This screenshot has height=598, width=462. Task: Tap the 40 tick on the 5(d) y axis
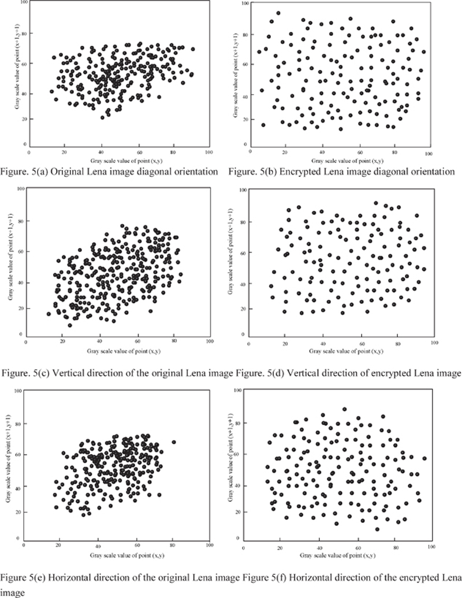point(244,284)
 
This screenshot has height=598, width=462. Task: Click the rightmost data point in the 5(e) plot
point(173,443)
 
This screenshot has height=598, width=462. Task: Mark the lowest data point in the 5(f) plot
point(377,529)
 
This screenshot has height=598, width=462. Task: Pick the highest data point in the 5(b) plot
point(278,13)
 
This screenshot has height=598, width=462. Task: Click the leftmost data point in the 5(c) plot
point(49,314)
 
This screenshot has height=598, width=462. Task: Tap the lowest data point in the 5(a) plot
point(103,117)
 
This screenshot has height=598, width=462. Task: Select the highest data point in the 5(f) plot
point(344,409)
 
